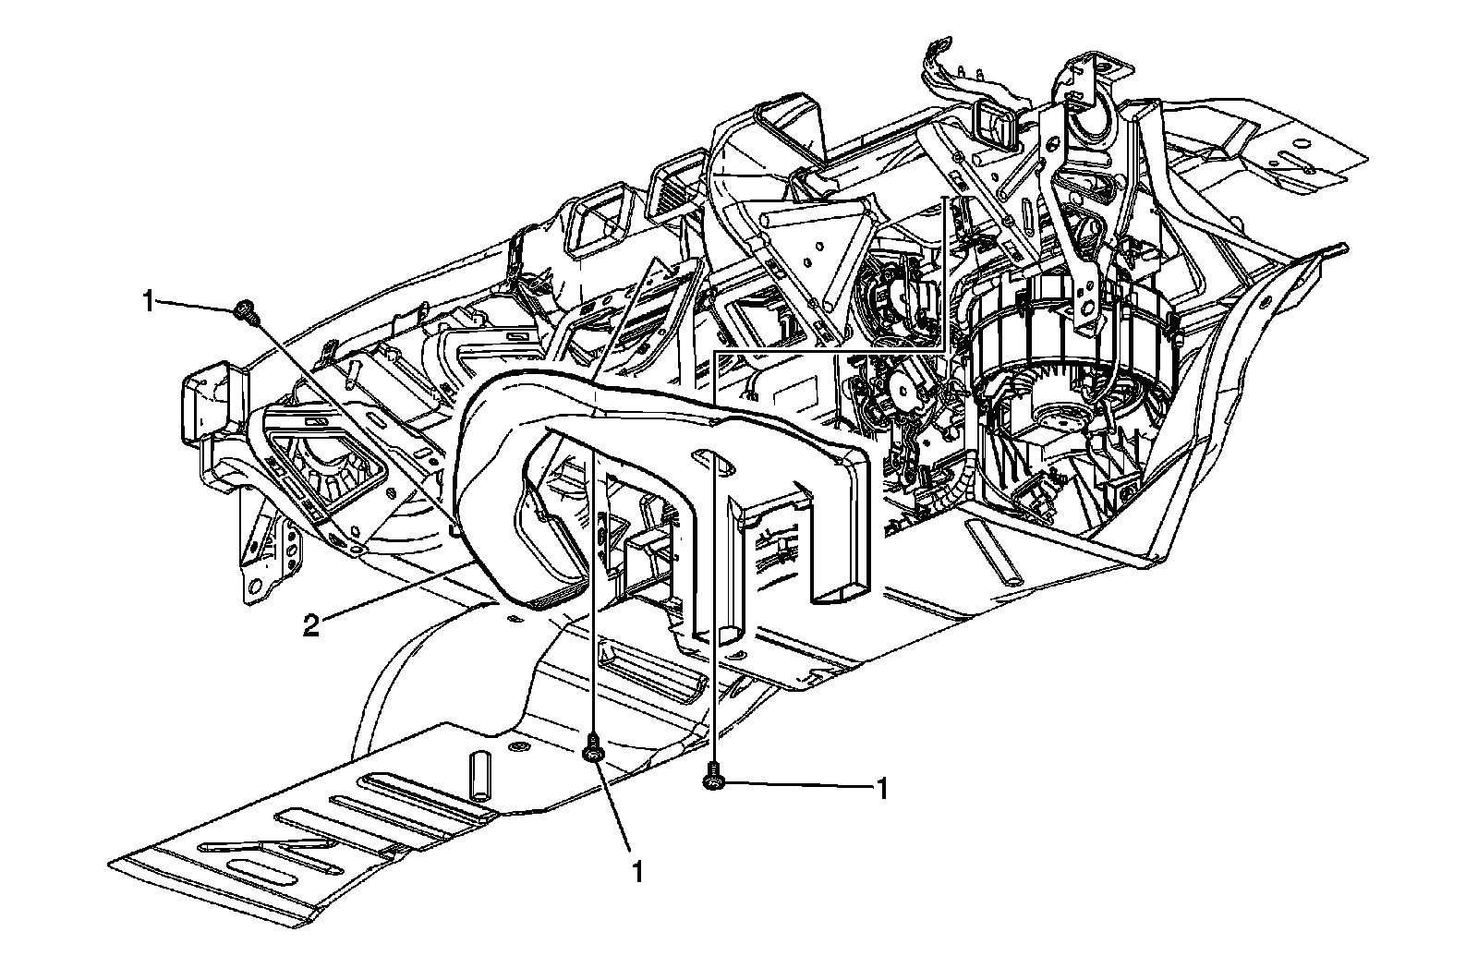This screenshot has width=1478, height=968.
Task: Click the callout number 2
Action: click(x=312, y=626)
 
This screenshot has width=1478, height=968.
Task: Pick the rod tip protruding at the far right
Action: click(x=1341, y=248)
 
